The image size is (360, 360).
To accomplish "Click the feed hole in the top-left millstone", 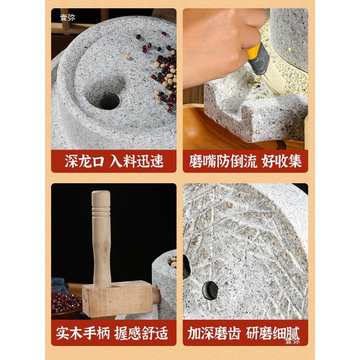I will pyautogui.click(x=108, y=101).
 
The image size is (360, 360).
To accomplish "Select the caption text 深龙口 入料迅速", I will pyautogui.click(x=114, y=161).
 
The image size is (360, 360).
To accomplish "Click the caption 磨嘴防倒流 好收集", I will pyautogui.click(x=245, y=161).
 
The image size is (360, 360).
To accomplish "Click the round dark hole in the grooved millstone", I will pyautogui.click(x=210, y=289).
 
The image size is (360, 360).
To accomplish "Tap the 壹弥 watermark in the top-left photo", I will pyautogui.click(x=67, y=17).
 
